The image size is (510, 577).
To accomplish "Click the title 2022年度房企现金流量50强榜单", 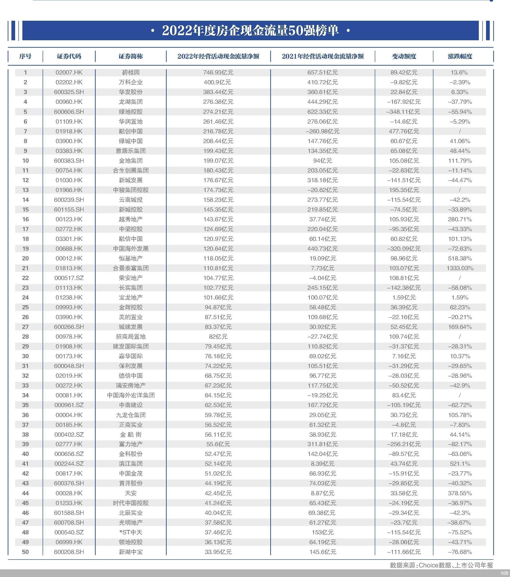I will click(x=250, y=30).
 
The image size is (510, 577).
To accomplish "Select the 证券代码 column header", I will click(x=69, y=56).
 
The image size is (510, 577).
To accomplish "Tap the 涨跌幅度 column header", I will click(x=460, y=56).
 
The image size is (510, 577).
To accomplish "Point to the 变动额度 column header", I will click(x=404, y=56).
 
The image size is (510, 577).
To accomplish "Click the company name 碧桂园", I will click(x=131, y=73).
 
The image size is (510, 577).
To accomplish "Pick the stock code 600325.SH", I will click(x=69, y=92).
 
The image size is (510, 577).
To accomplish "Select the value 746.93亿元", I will click(x=218, y=73).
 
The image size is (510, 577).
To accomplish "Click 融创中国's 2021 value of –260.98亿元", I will click(x=323, y=131).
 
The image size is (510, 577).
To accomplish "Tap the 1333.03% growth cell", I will click(x=460, y=268).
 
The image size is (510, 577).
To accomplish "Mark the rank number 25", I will click(x=25, y=307).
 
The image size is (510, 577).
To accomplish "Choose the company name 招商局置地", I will click(x=131, y=337).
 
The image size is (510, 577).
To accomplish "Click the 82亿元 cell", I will click(x=218, y=337).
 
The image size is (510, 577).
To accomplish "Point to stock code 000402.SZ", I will click(x=69, y=435).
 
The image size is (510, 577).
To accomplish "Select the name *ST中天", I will click(x=131, y=532).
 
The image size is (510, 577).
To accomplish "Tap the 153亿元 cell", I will click(x=323, y=532).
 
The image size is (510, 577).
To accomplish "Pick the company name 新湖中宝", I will click(x=131, y=552).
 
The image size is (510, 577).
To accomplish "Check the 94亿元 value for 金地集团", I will click(x=323, y=161).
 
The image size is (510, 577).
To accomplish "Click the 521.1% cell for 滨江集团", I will click(x=460, y=463).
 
